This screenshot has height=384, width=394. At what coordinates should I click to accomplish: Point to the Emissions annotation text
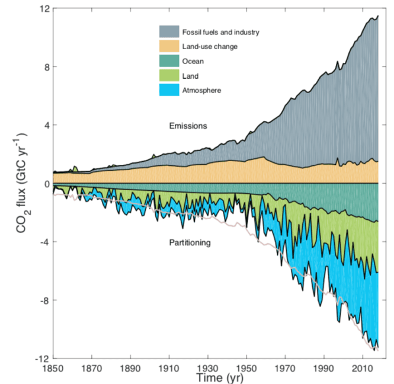click(187, 126)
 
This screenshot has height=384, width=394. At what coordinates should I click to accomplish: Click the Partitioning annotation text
click(190, 242)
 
